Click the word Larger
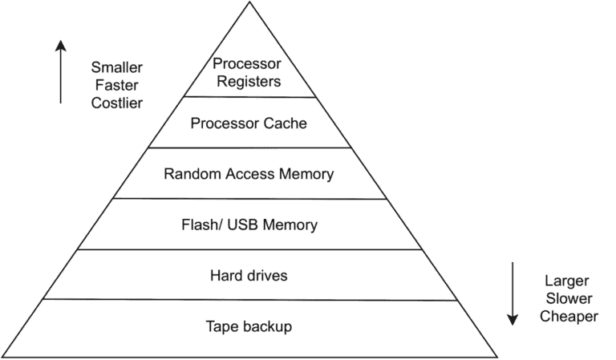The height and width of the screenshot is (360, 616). click(x=567, y=281)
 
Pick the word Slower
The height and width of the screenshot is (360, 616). click(x=567, y=299)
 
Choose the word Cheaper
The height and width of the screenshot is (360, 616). click(x=568, y=317)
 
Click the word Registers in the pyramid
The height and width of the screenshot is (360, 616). click(x=248, y=81)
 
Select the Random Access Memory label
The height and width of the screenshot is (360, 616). click(x=248, y=173)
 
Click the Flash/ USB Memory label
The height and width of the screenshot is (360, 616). click(x=249, y=224)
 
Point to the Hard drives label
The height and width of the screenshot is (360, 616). click(x=249, y=276)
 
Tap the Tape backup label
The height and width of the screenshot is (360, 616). click(x=249, y=326)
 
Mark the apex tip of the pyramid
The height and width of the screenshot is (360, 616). click(x=249, y=2)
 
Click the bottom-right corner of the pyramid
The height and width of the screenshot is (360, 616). click(x=497, y=356)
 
